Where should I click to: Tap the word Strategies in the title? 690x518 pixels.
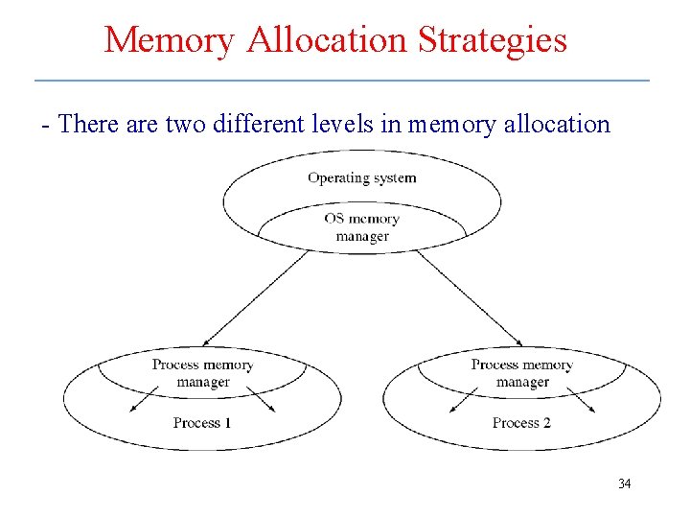pos(497,40)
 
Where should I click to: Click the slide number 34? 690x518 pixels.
pos(624,483)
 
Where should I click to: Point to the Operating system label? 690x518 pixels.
pos(362,177)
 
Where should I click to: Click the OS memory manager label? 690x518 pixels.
pos(362,227)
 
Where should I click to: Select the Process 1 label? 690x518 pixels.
pos(202,423)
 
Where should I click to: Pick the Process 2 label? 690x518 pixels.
pos(521,423)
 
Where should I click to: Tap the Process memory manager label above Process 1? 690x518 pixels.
pos(202,373)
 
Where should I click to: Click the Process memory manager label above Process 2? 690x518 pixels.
pos(521,373)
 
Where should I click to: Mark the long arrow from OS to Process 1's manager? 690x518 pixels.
pos(257,298)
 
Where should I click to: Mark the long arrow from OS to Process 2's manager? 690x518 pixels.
pos(470,298)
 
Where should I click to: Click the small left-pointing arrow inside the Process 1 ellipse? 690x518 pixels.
pos(145,398)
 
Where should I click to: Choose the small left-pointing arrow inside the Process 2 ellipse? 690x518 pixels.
pos(464,398)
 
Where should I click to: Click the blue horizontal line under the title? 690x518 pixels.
pos(341,80)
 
